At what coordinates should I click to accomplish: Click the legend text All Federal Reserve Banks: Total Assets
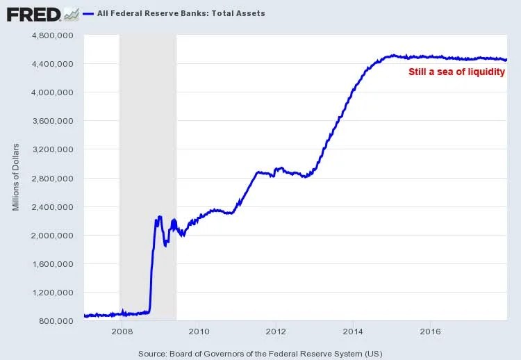click(181, 13)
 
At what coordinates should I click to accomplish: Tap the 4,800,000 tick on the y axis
click(53, 35)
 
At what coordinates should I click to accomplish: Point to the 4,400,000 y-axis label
click(53, 63)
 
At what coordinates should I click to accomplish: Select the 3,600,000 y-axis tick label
click(53, 121)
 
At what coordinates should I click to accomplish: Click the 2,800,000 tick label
click(53, 178)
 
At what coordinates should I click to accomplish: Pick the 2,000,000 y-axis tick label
click(53, 235)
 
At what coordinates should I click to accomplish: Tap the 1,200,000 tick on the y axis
click(53, 292)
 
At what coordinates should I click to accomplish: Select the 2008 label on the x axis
click(122, 331)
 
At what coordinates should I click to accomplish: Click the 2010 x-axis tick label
click(199, 331)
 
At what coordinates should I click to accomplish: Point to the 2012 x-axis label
click(276, 331)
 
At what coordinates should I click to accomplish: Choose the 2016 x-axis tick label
click(431, 331)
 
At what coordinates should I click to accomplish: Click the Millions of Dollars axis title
click(15, 177)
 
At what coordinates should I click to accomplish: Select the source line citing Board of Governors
click(260, 353)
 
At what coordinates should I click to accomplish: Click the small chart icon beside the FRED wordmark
click(70, 13)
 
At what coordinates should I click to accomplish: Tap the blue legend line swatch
click(88, 13)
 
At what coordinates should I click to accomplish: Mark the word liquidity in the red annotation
click(485, 72)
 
